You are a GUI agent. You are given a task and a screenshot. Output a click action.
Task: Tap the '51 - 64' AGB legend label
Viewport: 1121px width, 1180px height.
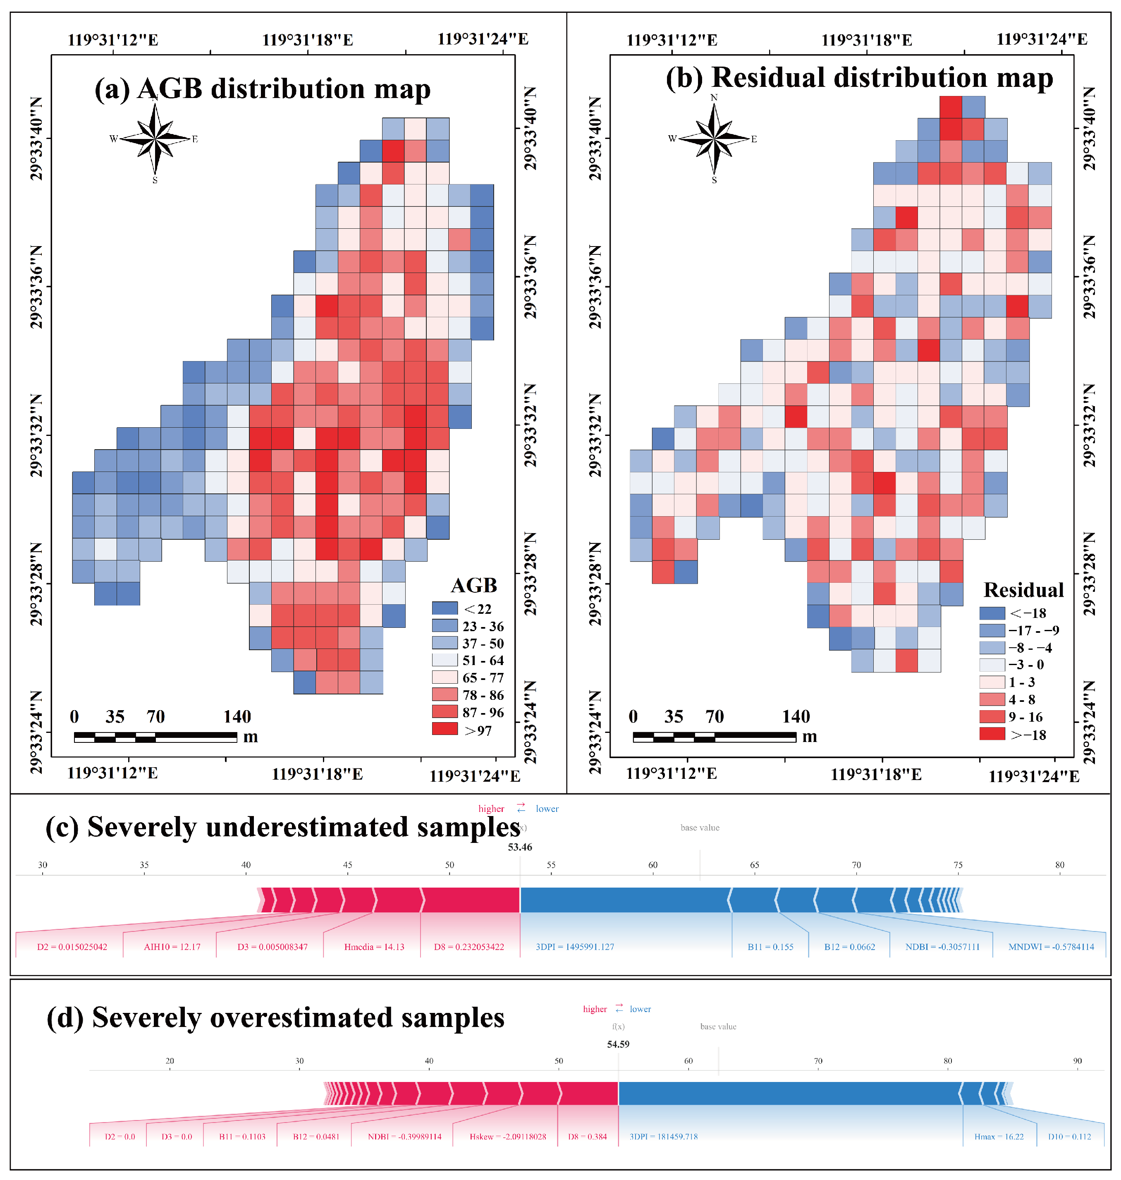point(483,661)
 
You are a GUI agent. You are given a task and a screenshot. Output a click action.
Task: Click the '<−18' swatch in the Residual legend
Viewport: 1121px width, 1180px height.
point(992,613)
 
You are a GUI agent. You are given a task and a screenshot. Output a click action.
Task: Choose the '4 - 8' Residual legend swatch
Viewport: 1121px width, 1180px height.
point(992,699)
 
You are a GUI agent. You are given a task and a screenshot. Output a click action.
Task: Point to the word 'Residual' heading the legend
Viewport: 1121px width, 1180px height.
point(1023,590)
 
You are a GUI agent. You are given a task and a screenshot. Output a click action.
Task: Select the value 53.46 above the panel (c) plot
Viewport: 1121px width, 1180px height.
point(520,847)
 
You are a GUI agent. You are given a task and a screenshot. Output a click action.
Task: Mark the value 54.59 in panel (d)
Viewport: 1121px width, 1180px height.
point(618,1044)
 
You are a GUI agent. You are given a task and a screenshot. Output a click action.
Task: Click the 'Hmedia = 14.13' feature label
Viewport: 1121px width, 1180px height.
point(374,947)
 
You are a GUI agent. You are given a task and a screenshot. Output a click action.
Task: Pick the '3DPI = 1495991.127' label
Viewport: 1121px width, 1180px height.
point(575,947)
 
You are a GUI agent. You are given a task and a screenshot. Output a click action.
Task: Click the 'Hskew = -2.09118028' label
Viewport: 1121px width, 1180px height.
point(507,1136)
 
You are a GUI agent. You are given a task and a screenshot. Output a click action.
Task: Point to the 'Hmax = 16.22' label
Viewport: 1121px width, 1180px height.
point(999,1136)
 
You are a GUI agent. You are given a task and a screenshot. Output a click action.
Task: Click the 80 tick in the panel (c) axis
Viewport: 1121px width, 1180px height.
point(1059,865)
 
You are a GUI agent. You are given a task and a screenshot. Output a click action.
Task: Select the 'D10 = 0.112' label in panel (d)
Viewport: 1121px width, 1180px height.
point(1069,1136)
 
